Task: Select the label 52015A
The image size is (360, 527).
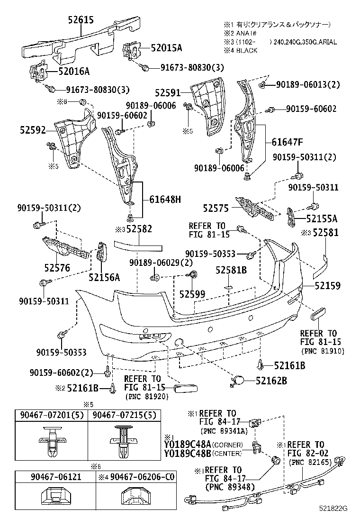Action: click(x=166, y=48)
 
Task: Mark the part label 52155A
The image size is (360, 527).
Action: click(x=321, y=218)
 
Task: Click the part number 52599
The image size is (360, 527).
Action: click(x=192, y=294)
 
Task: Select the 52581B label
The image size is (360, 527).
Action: click(x=231, y=270)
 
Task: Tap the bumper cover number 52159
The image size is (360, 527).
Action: click(x=326, y=286)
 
